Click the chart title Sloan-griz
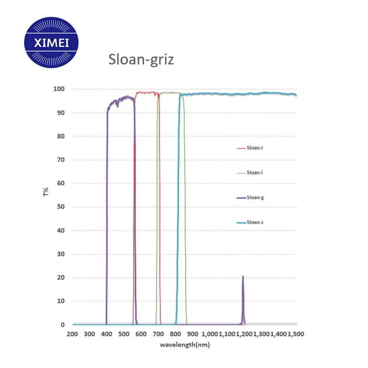[x=141, y=59]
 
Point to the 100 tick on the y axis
[x=59, y=89]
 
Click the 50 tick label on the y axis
[x=61, y=207]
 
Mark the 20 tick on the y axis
[x=61, y=278]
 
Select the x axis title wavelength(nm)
[x=185, y=345]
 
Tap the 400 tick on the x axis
[x=106, y=334]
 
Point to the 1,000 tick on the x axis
[x=210, y=334]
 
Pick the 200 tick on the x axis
[x=72, y=334]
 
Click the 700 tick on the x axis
[x=158, y=334]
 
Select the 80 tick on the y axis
[x=61, y=136]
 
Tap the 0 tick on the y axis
[x=63, y=325]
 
